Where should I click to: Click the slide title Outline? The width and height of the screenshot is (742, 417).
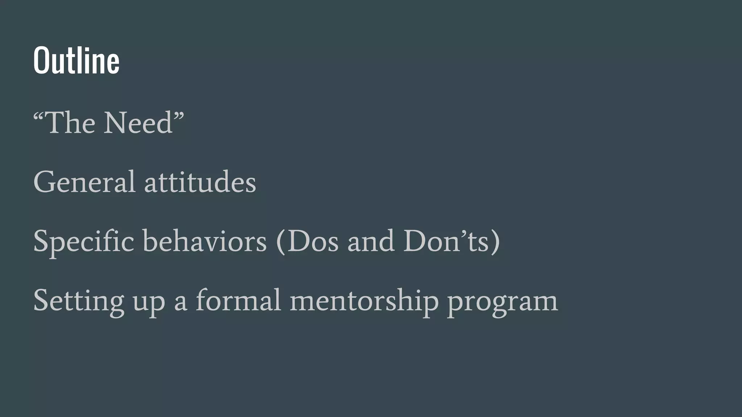point(76,60)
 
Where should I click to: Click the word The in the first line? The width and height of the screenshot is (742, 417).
point(71,123)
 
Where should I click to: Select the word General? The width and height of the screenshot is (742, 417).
point(84,182)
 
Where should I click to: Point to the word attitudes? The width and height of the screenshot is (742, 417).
point(200,182)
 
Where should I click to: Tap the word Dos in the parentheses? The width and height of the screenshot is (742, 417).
point(313,241)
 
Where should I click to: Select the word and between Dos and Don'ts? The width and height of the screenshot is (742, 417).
point(371,241)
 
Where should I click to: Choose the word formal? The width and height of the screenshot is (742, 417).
point(238,300)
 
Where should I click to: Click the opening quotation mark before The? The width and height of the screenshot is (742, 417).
point(39,117)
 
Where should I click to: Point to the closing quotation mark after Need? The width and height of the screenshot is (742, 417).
point(179,117)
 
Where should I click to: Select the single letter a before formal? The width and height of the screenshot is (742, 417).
point(180,303)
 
